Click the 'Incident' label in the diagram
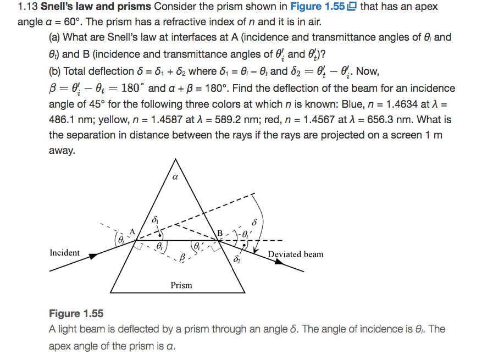click(x=64, y=253)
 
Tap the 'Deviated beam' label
click(x=296, y=254)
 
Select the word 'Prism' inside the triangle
click(x=181, y=285)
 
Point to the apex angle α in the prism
click(x=175, y=178)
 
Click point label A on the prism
click(x=131, y=231)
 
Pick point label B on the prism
click(x=220, y=232)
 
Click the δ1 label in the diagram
click(x=156, y=219)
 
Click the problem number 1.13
click(x=28, y=8)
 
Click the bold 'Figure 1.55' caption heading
click(x=76, y=313)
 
